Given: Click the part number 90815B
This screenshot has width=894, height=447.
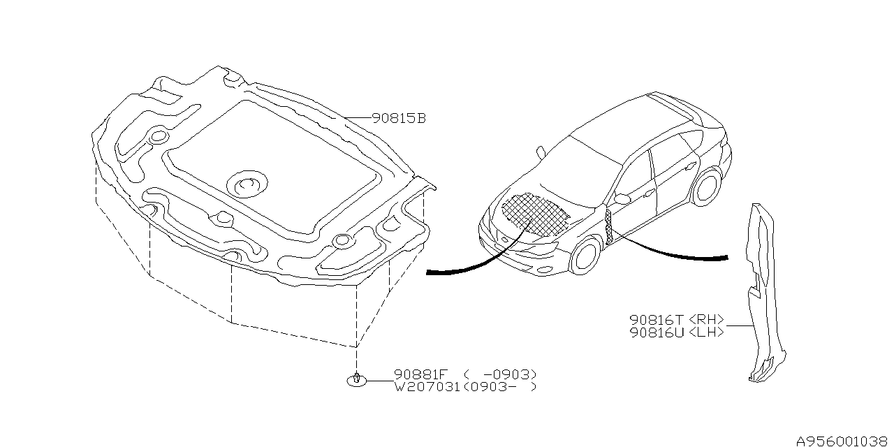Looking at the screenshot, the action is (x=399, y=119).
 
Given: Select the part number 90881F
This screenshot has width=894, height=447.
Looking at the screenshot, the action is (x=421, y=374).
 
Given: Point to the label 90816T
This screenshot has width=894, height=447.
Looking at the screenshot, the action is (x=657, y=320).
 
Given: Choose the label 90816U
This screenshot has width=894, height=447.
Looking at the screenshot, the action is (x=657, y=332).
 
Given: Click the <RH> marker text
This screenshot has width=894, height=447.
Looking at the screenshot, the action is (x=706, y=320).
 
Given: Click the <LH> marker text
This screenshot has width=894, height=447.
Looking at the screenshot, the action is (x=706, y=332).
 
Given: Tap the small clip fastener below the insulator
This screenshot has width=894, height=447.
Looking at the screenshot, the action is (x=356, y=380).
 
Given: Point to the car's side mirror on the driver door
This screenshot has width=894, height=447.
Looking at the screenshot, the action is (x=622, y=198).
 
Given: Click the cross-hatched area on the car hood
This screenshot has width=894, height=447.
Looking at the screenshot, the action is (x=535, y=213).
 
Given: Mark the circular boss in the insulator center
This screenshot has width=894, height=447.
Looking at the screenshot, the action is (x=247, y=184).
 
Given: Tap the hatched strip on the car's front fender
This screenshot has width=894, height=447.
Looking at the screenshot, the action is (x=608, y=227).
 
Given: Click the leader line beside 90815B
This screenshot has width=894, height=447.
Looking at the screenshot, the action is (x=358, y=118).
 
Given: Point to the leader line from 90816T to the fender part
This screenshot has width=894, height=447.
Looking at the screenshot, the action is (x=739, y=326).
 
